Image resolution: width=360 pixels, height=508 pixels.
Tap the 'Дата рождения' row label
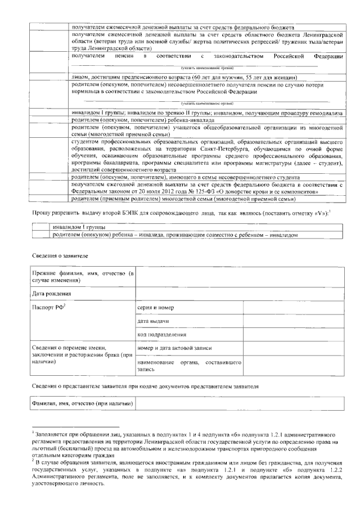(x=52, y=294)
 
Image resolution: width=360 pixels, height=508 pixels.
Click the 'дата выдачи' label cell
(x=154, y=321)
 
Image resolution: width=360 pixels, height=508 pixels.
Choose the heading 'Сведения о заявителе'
(x=60, y=256)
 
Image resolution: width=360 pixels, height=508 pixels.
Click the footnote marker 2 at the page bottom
(x=33, y=460)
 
